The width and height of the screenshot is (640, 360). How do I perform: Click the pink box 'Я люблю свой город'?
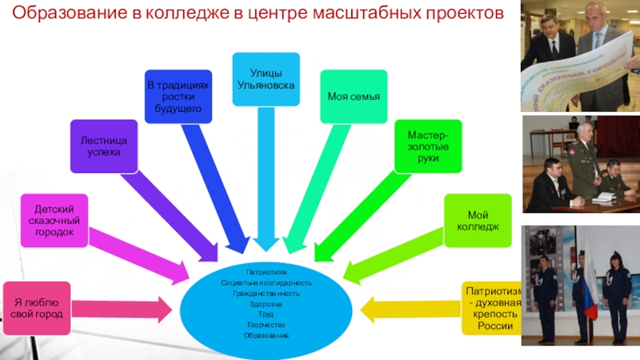click(36, 307)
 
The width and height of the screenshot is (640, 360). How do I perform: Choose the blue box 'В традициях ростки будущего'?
click(178, 96)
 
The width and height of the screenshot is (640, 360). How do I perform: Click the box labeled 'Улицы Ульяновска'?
click(266, 78)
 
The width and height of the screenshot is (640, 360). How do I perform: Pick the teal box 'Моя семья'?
click(353, 97)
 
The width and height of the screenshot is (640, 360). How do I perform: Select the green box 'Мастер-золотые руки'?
click(428, 146)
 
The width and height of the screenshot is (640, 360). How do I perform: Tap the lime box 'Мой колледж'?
click(478, 221)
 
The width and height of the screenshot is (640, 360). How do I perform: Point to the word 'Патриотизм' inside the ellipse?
click(266, 272)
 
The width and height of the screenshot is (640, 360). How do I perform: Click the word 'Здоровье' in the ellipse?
click(266, 304)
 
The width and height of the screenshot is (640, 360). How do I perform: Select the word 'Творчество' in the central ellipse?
click(266, 324)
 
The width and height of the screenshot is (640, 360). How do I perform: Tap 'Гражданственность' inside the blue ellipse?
click(266, 294)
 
